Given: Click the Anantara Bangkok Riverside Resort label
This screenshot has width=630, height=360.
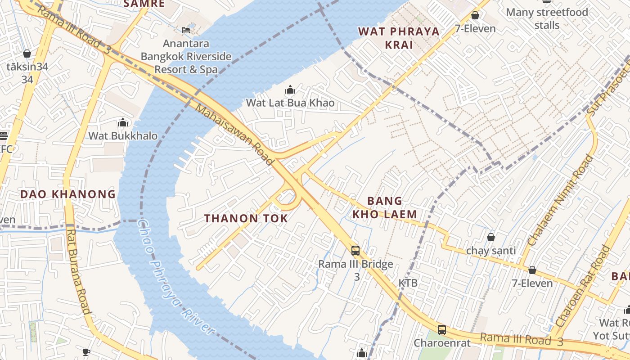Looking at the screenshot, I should tap(186, 57).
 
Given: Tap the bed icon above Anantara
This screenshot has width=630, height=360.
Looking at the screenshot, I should tap(186, 30).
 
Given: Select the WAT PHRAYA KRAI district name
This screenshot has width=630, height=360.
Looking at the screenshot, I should tap(399, 38).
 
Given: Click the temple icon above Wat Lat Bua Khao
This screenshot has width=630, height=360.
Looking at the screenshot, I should tap(290, 89).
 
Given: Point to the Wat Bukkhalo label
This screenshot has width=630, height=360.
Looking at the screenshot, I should tap(123, 136).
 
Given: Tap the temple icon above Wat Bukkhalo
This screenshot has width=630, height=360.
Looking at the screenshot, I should tap(123, 122).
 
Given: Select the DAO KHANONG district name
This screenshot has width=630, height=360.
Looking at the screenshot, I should tap(68, 194).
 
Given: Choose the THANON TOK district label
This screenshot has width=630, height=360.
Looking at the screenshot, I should tap(246, 219).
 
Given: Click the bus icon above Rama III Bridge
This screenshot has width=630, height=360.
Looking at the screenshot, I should tap(355, 250).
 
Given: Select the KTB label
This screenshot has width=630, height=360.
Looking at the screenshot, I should tap(408, 283).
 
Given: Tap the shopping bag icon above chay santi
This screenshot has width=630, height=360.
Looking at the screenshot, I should tap(491, 237).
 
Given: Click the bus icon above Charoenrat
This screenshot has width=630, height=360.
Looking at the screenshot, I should tap(442, 329).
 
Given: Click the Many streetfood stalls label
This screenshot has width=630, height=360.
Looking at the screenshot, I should tap(547, 18).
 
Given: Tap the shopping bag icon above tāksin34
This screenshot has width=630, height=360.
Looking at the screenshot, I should tap(27, 54).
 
